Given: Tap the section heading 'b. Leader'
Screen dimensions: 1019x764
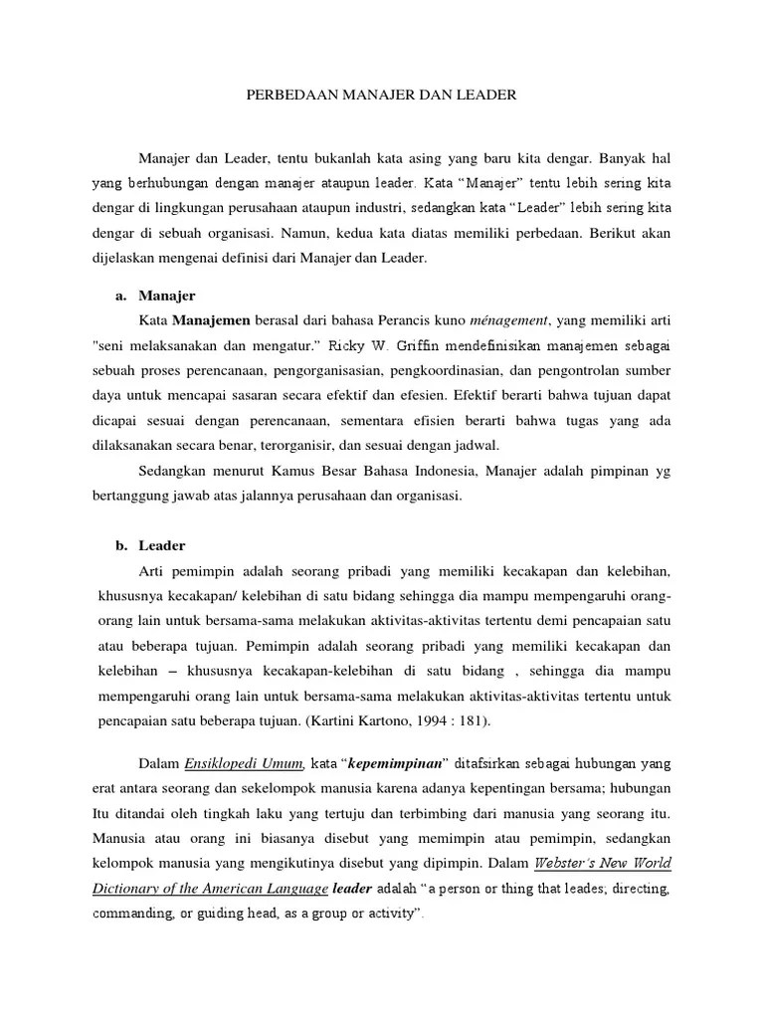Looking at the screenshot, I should [152, 546].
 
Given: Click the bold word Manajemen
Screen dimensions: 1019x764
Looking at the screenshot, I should [212, 321].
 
